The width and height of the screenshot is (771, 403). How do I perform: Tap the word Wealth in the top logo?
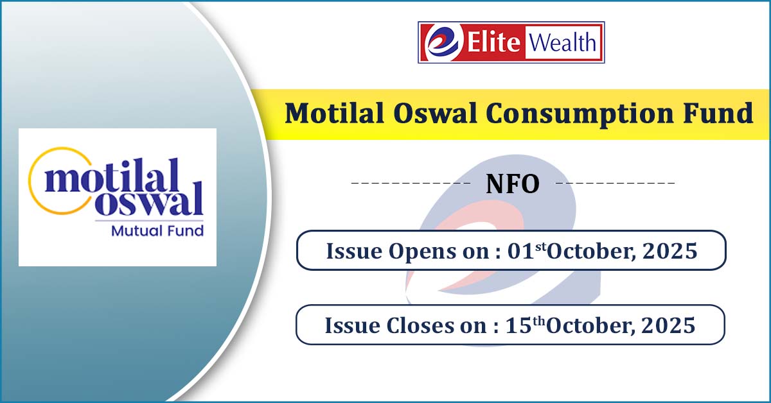[x=562, y=42]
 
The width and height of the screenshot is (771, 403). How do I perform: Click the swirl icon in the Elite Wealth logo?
[x=442, y=42]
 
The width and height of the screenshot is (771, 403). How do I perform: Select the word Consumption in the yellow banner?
[x=580, y=114]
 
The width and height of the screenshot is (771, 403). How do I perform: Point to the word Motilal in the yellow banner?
[x=334, y=113]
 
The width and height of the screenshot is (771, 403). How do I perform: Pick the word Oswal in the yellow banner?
[x=435, y=113]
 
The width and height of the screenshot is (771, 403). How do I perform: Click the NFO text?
[x=513, y=184]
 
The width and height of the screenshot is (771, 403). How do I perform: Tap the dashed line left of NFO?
[x=411, y=183]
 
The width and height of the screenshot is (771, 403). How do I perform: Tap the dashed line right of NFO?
[x=616, y=183]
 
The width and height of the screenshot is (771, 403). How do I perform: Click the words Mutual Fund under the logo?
[x=157, y=230]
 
